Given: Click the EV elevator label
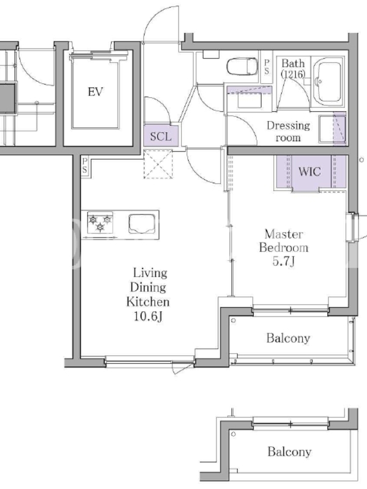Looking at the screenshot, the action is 95,92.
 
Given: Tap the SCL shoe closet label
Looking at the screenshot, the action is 161,136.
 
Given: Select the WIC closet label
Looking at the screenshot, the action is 310,172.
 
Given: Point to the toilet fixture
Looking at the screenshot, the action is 242,67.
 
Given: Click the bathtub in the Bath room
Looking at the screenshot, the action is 328,82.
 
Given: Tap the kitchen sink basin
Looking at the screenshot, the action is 142,223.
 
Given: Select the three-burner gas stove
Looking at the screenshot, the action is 100,222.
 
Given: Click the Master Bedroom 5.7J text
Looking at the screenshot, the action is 284,248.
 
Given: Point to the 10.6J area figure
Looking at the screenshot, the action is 148,317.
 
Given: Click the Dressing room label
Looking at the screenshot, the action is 288,131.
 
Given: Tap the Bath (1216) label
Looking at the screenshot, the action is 293,68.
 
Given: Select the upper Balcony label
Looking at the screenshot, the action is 288,339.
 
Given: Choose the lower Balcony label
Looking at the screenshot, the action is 289,452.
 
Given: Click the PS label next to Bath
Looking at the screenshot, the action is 267,67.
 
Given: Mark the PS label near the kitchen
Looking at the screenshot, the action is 85,166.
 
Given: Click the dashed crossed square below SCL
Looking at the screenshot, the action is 158,164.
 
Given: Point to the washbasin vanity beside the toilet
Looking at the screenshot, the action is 249,97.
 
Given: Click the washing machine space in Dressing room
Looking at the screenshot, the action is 332,129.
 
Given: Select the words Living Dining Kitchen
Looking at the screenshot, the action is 148,287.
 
